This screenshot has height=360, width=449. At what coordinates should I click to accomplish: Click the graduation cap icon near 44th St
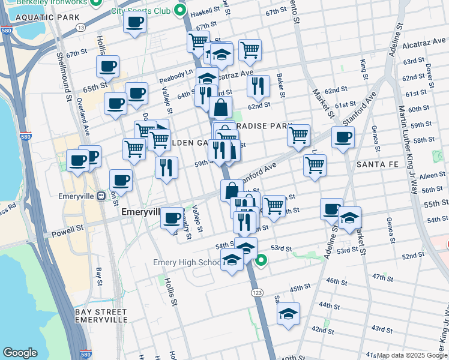tap(288, 314)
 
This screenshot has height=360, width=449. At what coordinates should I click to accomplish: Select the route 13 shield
tap(81, 28)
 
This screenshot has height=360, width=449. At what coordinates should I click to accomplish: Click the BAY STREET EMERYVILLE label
tap(100, 316)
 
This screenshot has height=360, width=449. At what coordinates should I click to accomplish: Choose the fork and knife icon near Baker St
tap(258, 86)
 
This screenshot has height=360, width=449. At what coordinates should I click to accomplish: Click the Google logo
tap(20, 353)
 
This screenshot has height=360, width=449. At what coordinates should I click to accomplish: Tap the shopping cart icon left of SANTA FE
tap(315, 164)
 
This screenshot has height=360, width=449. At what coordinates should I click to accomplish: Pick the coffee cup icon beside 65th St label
tap(107, 67)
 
